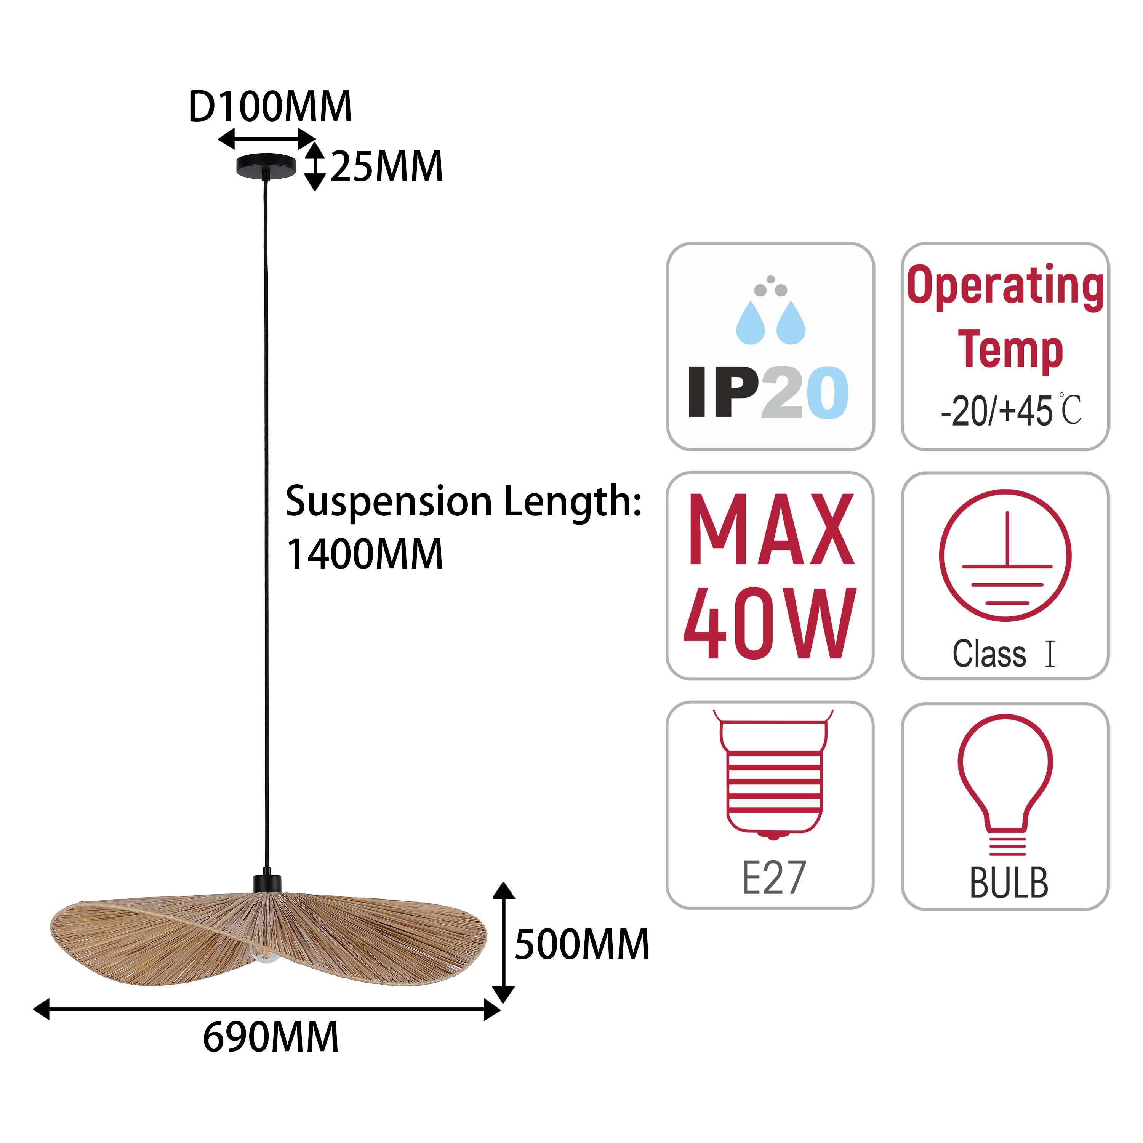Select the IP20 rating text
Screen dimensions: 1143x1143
(x=768, y=392)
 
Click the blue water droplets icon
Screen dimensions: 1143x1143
(x=771, y=322)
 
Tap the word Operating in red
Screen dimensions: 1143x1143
(x=1005, y=287)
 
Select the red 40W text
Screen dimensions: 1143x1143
(x=770, y=624)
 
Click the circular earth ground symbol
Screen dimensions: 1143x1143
(x=1005, y=555)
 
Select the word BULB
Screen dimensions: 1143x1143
(x=1009, y=883)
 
